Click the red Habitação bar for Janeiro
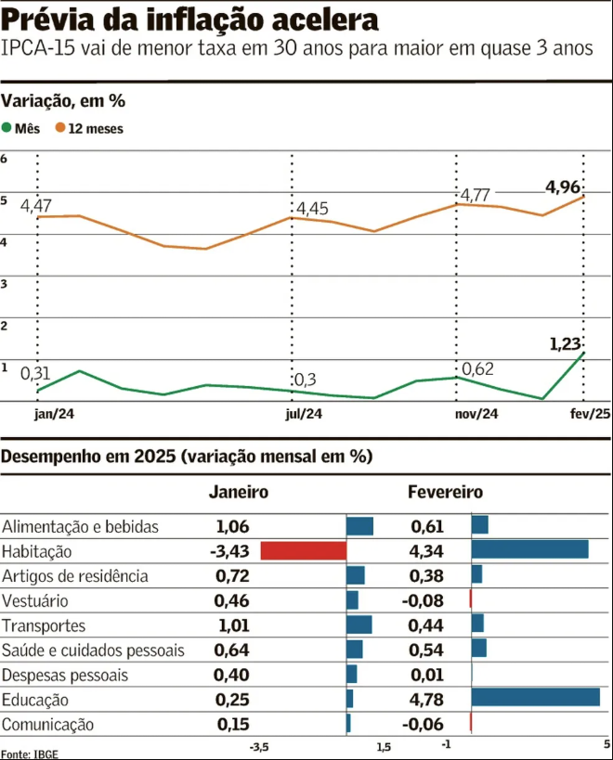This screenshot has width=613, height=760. [303, 550]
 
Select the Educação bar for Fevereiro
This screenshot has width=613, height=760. [535, 697]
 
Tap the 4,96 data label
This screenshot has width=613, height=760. [564, 187]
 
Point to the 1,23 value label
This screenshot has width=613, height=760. [565, 344]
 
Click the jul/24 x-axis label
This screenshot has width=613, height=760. [304, 415]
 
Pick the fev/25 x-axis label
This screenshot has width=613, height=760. [590, 415]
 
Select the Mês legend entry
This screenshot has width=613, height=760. [20, 129]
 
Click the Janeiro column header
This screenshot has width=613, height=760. [239, 492]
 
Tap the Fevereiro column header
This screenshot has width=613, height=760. [445, 492]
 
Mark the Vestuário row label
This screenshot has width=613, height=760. [35, 600]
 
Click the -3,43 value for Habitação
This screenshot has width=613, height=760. [229, 551]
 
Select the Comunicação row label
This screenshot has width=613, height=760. [47, 724]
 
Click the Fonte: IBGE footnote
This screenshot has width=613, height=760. [29, 753]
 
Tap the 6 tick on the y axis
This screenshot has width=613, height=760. [5, 159]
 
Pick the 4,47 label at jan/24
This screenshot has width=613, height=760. [35, 205]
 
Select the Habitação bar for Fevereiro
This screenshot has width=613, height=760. [529, 549]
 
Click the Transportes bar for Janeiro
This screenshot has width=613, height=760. [359, 625]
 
